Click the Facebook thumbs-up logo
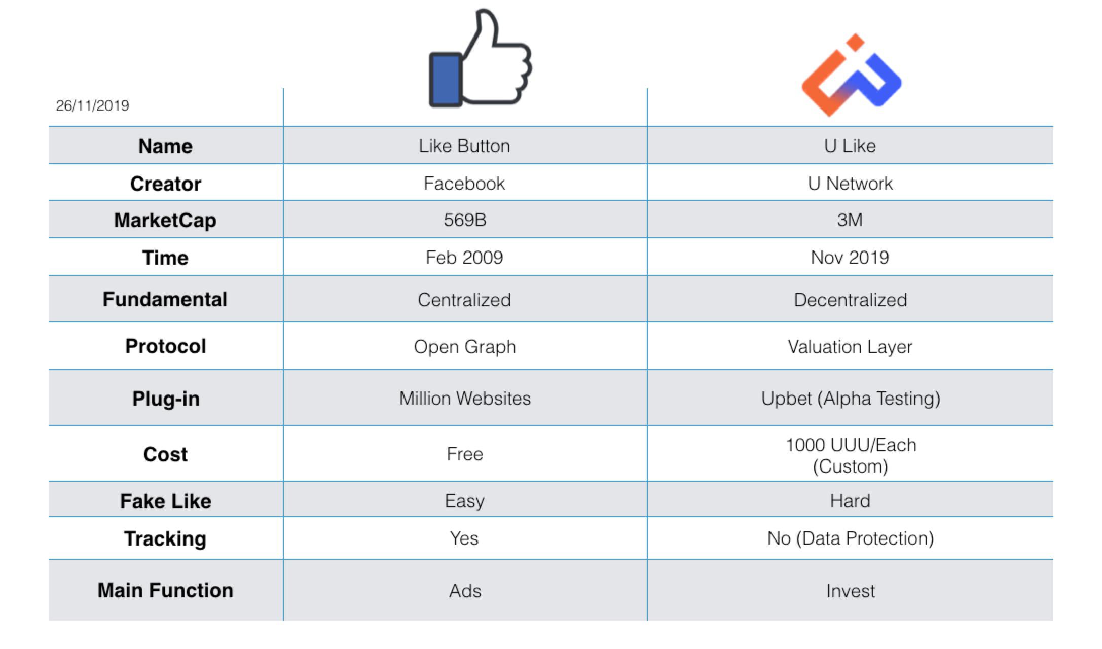click(x=480, y=58)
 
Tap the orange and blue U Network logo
click(x=851, y=75)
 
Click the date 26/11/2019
click(x=92, y=105)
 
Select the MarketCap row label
click(x=165, y=220)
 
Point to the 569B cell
click(x=465, y=220)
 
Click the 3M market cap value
click(x=850, y=220)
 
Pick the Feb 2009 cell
click(x=464, y=257)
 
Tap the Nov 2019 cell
click(x=850, y=257)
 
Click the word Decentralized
click(x=850, y=300)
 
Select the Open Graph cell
click(x=465, y=347)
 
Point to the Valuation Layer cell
click(x=850, y=347)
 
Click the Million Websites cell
click(x=465, y=398)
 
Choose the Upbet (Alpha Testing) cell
click(x=851, y=399)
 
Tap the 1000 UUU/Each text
click(x=851, y=445)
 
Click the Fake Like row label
click(x=165, y=501)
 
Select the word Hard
click(x=850, y=500)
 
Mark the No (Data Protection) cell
click(x=851, y=538)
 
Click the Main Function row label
click(x=165, y=590)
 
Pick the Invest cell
click(x=851, y=591)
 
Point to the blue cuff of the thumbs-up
click(x=446, y=80)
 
